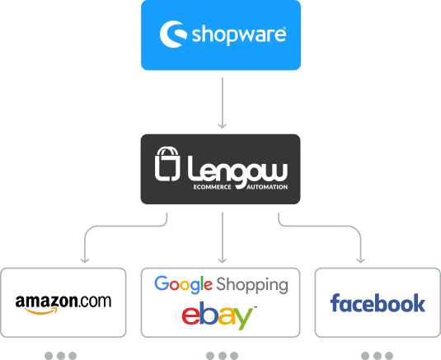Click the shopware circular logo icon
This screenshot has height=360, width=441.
172,34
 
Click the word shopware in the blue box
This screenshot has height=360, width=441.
239,35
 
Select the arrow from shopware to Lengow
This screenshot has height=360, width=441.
223,103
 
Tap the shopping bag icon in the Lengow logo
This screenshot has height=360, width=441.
167,164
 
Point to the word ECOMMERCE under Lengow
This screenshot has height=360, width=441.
212,187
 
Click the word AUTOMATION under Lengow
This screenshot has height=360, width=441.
267,187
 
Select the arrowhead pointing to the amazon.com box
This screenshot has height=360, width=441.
85,259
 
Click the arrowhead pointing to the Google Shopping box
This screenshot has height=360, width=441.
223,259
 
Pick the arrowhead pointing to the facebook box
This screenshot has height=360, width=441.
360,259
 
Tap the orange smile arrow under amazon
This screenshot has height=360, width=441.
41,311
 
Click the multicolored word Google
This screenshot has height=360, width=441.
183,285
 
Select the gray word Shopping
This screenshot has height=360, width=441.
252,286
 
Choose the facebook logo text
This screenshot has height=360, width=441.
378,303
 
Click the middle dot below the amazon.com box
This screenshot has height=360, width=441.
61,356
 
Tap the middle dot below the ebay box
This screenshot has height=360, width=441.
223,356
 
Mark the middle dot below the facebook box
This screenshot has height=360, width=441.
378,356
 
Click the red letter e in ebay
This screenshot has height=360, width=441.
191,316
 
